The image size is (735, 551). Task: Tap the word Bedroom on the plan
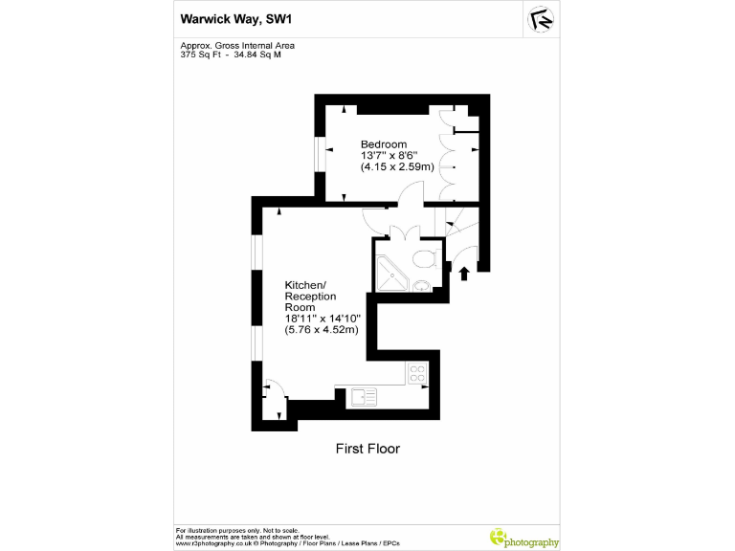[383, 144]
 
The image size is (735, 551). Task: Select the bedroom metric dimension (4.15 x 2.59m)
[397, 166]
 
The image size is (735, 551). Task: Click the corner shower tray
[392, 274]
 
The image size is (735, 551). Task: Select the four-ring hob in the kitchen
[417, 373]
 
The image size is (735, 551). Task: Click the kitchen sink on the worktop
[363, 396]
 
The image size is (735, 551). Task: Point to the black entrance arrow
[465, 274]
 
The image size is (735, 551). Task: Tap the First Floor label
[367, 448]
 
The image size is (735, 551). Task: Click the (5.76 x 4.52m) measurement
[322, 330]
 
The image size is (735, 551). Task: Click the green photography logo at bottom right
[524, 539]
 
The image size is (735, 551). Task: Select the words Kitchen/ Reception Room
[306, 296]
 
